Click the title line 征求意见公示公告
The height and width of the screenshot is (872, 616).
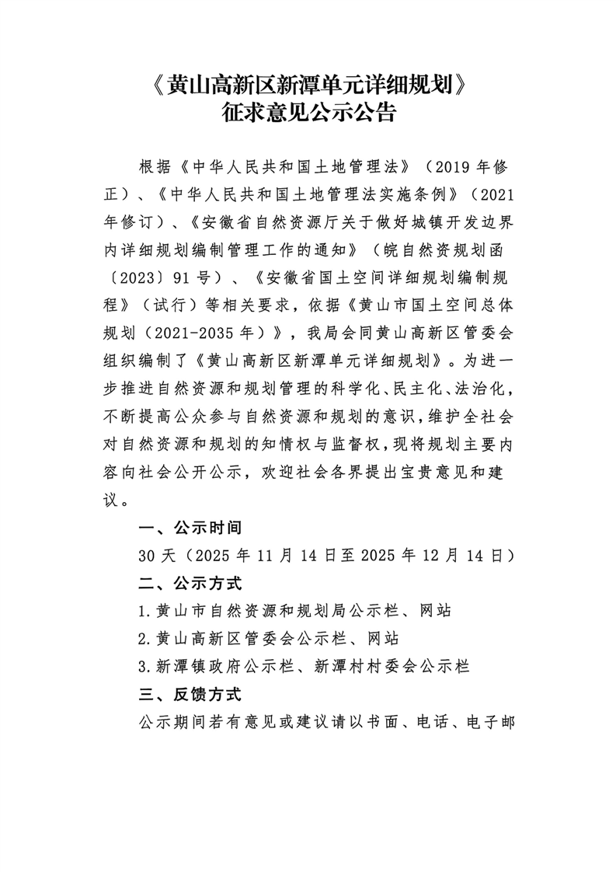tap(308, 116)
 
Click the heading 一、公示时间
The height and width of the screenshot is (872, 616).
tap(190, 528)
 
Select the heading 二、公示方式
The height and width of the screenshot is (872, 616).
tap(190, 582)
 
